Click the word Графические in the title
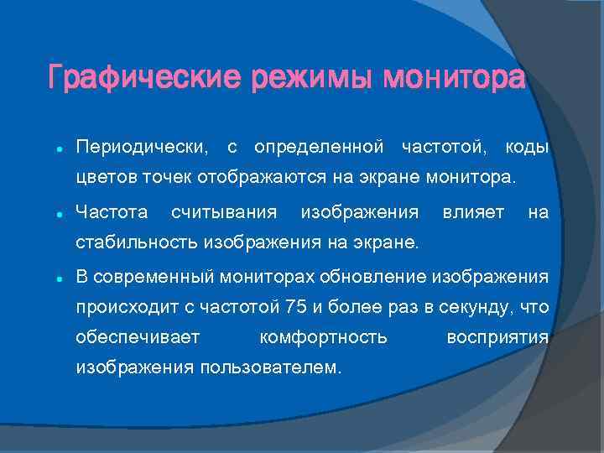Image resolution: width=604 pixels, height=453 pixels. (x=143, y=79)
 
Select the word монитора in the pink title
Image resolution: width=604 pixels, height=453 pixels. (x=454, y=79)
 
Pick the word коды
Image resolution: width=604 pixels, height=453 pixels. (x=527, y=148)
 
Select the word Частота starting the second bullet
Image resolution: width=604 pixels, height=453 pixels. (x=112, y=213)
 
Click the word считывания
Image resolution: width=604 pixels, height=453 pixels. (x=224, y=213)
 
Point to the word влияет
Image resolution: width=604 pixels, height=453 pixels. (x=472, y=213)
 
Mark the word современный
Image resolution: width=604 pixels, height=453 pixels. (x=159, y=276)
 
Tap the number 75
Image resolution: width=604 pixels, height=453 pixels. (x=295, y=307)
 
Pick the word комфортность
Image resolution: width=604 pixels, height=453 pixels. (x=324, y=337)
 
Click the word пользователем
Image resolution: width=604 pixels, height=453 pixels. (x=270, y=368)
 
